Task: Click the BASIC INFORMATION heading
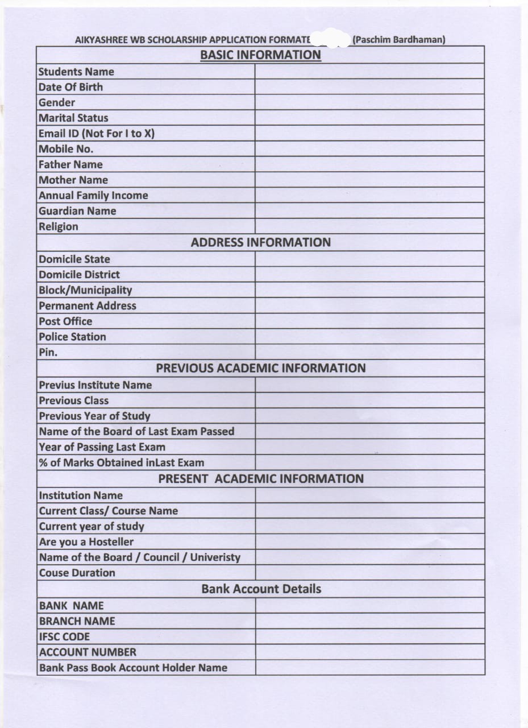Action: point(260,55)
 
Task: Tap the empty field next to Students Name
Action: point(369,72)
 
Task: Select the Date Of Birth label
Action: point(70,87)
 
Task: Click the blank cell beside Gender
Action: point(369,102)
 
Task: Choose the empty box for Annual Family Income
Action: point(369,196)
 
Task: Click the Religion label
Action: point(59,226)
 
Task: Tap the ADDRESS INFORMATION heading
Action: point(260,242)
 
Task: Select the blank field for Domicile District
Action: point(369,275)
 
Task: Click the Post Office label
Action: point(65,321)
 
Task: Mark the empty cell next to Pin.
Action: point(369,352)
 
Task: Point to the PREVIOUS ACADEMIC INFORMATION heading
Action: point(261,368)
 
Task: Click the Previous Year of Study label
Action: point(94,416)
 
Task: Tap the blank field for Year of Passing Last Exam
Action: point(369,447)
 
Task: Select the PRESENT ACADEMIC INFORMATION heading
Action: point(261,478)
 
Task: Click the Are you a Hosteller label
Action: point(86,542)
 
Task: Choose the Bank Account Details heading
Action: point(261,589)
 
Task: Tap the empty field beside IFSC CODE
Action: point(369,637)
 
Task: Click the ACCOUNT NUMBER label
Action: point(88,652)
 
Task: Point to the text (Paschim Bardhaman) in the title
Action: point(398,40)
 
